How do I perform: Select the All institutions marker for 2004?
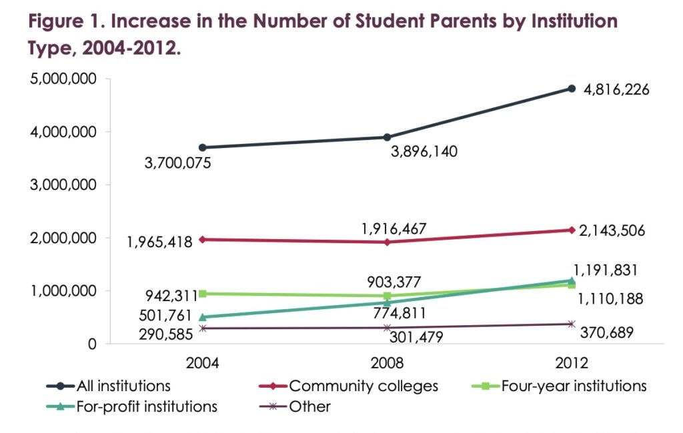point(202,147)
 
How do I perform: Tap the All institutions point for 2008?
point(387,137)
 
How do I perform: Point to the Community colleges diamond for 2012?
point(572,230)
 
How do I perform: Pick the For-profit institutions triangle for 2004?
point(202,317)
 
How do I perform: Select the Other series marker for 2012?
point(572,324)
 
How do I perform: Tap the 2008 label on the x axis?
point(387,364)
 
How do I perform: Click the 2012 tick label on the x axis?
point(572,364)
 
